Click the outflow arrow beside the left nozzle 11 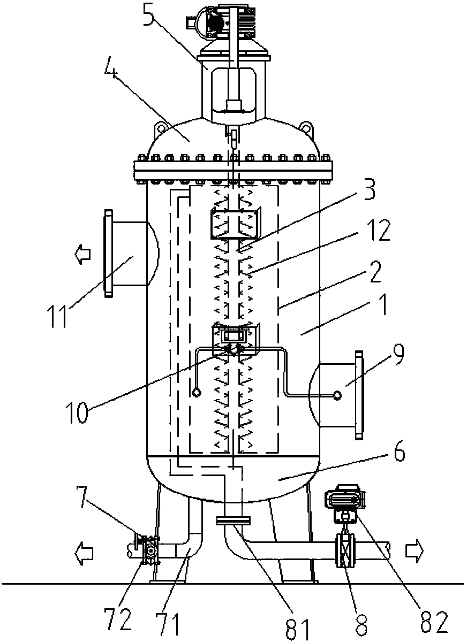(83, 254)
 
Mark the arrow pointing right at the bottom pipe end (415, 550)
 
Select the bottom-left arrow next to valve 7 (84, 553)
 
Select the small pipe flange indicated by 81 (233, 520)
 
